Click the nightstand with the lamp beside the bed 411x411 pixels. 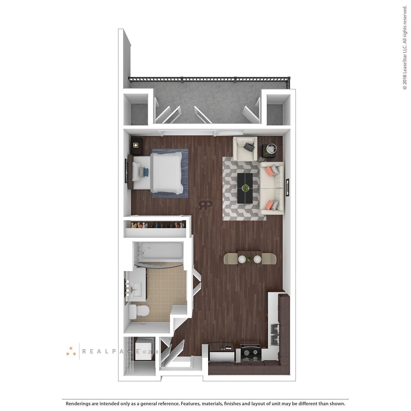pos(136,146)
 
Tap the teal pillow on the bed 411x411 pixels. pos(145,171)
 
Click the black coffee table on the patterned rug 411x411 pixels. pos(245,188)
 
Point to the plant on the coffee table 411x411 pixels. pos(245,188)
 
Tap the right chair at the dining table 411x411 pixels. pos(269,259)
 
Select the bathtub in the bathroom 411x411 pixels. pos(158,251)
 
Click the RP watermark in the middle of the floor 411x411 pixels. pos(205,205)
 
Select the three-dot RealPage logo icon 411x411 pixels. pos(71,351)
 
